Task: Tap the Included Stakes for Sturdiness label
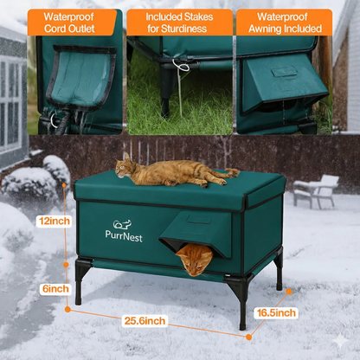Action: pyautogui.click(x=178, y=22)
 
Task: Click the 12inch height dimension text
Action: pyautogui.click(x=53, y=221)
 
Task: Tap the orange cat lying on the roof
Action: pyautogui.click(x=173, y=172)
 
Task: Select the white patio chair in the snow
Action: pyautogui.click(x=317, y=190)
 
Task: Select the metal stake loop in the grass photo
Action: pyautogui.click(x=181, y=66)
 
